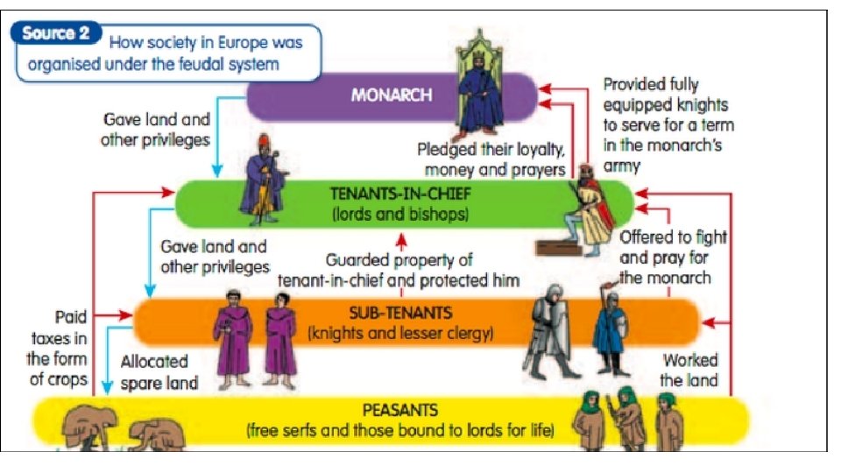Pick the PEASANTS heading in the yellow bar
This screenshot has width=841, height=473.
(x=400, y=410)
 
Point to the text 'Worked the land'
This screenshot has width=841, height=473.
(x=690, y=370)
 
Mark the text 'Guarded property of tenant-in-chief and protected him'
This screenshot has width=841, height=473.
(x=399, y=270)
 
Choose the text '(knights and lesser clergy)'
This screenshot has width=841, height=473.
(x=400, y=333)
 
